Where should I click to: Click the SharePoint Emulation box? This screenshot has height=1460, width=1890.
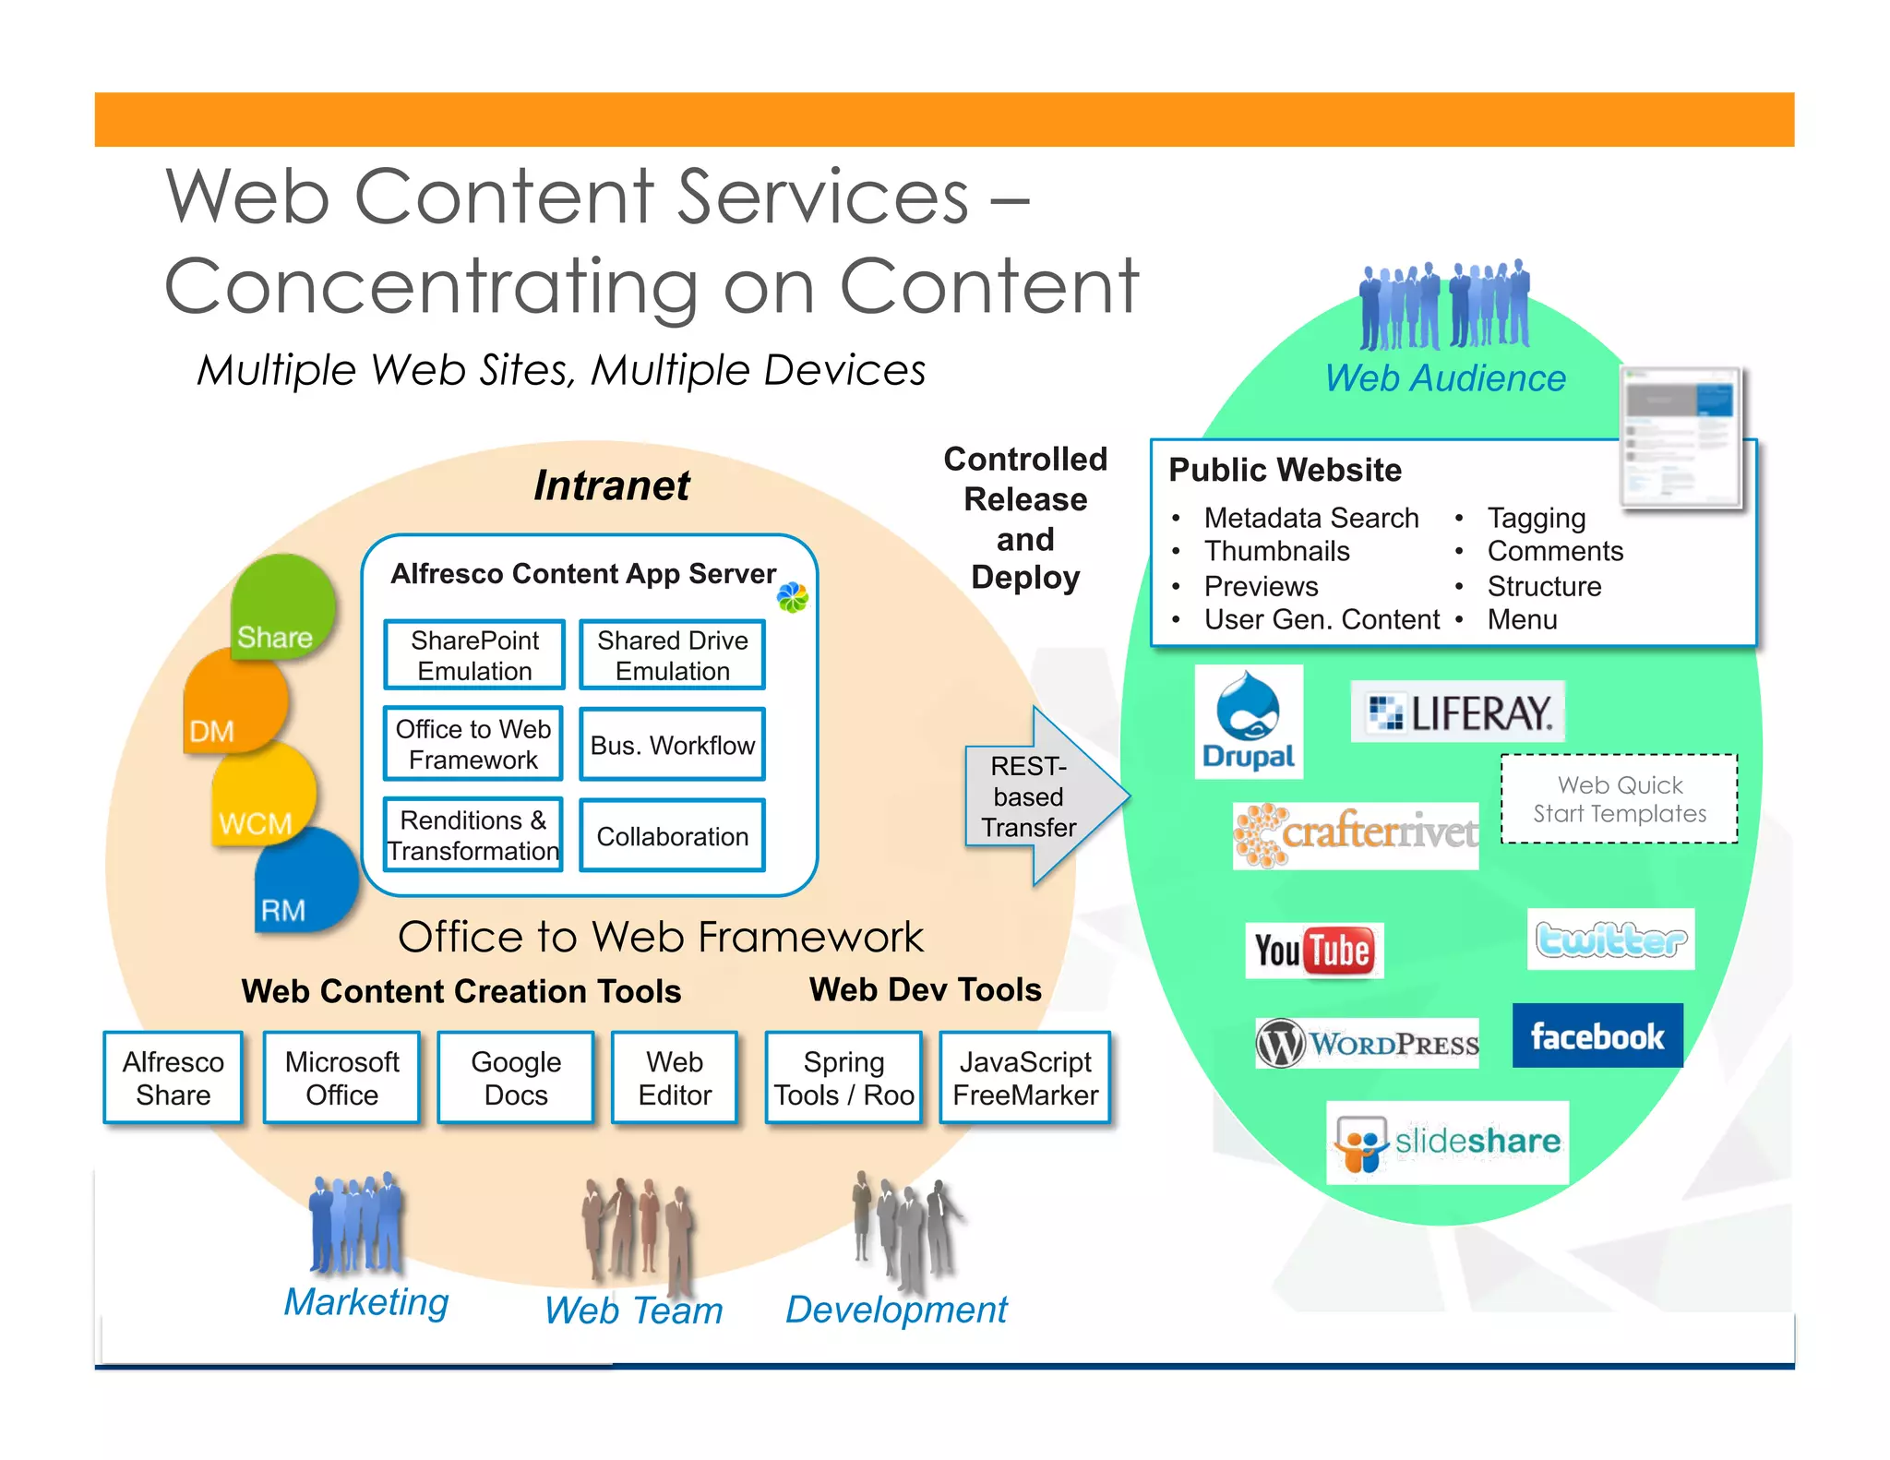474,655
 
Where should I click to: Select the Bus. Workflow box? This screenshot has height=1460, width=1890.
672,745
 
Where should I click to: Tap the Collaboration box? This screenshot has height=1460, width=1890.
672,836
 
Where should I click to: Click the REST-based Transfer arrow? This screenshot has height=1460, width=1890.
1038,796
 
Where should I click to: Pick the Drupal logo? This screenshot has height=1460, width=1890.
1248,722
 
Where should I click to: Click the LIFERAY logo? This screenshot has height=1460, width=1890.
1457,712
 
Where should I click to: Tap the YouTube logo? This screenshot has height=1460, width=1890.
1313,950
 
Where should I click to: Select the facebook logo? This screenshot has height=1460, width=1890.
1597,1035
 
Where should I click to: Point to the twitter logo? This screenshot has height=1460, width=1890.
1610,939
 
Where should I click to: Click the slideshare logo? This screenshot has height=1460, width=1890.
1447,1143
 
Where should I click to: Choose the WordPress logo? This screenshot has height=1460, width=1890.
1367,1044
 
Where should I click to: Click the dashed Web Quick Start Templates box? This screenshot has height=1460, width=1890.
1619,799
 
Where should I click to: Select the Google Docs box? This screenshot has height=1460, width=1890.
515,1078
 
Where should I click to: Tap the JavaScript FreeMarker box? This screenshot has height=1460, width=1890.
1024,1078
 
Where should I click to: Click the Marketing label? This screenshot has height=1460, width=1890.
366,1302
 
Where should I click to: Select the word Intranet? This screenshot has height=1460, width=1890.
611,485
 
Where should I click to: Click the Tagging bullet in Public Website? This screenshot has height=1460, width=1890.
1536,518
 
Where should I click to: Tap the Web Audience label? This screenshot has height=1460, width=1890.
1445,378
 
